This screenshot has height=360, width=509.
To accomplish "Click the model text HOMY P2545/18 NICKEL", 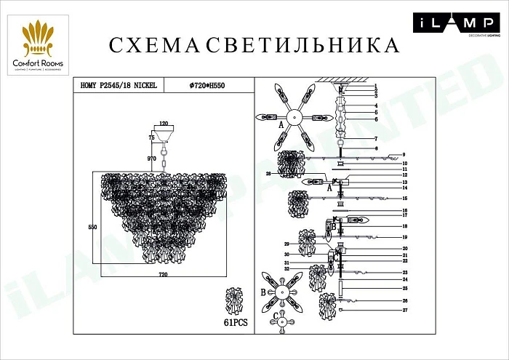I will point(118,86).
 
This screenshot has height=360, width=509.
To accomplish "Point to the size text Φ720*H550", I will point(206,86).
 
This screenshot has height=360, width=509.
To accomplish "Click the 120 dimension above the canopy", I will point(164,124).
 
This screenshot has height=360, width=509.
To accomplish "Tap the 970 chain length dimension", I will point(152,159).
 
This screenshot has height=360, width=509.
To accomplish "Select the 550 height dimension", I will point(93,228).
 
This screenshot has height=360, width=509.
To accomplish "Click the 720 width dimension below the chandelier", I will point(163,274).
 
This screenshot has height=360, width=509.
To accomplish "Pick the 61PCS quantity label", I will point(233,321).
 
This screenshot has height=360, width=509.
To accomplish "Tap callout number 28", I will point(268,174).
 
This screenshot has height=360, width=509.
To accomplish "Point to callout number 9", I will point(402,155).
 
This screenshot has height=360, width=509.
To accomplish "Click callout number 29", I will point(287,244).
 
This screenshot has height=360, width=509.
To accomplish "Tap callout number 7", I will point(396,138).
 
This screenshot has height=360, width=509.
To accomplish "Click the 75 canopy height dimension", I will point(152,137).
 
